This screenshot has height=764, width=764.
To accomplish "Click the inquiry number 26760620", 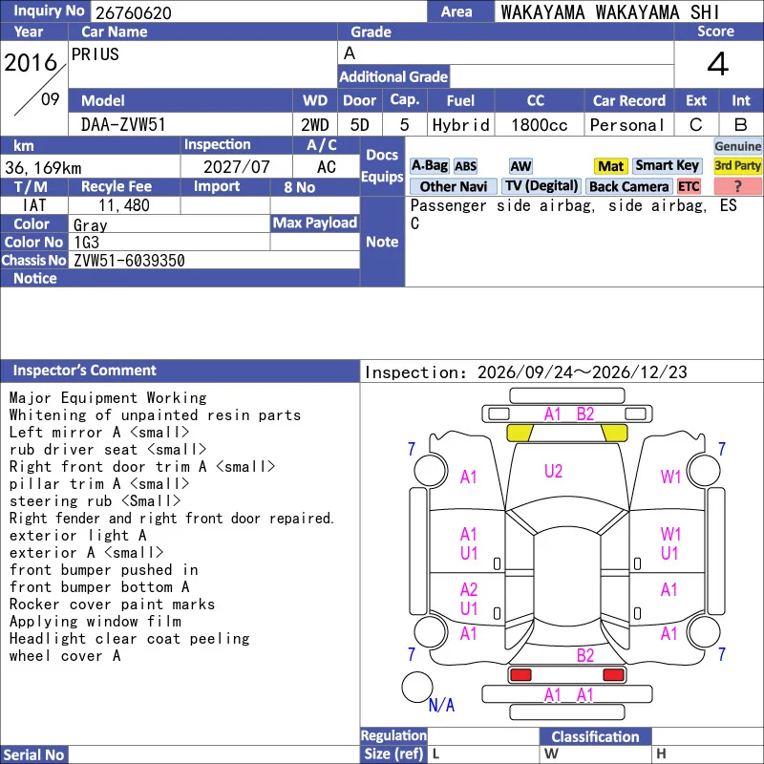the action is (x=134, y=12).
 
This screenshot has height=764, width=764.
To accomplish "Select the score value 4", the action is (x=718, y=64).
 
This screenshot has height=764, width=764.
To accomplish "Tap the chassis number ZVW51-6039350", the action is (x=129, y=260).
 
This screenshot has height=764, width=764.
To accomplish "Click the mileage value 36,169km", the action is (x=43, y=168).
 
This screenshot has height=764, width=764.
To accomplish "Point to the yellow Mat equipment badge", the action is (x=610, y=166).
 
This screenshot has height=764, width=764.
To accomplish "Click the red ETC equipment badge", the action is (x=689, y=186).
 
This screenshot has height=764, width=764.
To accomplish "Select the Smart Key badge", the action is (x=668, y=165).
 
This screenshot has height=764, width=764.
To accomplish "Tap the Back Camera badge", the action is (x=629, y=186).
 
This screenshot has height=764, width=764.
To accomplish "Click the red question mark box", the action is (x=737, y=186).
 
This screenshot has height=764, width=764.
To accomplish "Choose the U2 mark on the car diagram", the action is (x=553, y=471).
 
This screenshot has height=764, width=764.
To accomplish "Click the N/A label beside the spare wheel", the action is (x=441, y=705).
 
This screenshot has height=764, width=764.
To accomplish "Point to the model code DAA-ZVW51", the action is (x=123, y=125).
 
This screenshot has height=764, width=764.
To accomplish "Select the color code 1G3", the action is (x=86, y=243).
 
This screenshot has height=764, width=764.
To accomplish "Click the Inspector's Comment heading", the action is (x=85, y=371).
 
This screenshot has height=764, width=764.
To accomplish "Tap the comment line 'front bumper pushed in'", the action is (x=104, y=569).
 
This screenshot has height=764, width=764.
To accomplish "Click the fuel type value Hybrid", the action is (x=460, y=125).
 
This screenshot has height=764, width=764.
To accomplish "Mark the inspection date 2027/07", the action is (x=236, y=167).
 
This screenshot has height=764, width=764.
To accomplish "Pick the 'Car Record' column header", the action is (x=629, y=100).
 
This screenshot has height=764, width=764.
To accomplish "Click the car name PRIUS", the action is (x=95, y=54).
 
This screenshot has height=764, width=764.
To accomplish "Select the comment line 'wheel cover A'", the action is (x=65, y=656).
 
